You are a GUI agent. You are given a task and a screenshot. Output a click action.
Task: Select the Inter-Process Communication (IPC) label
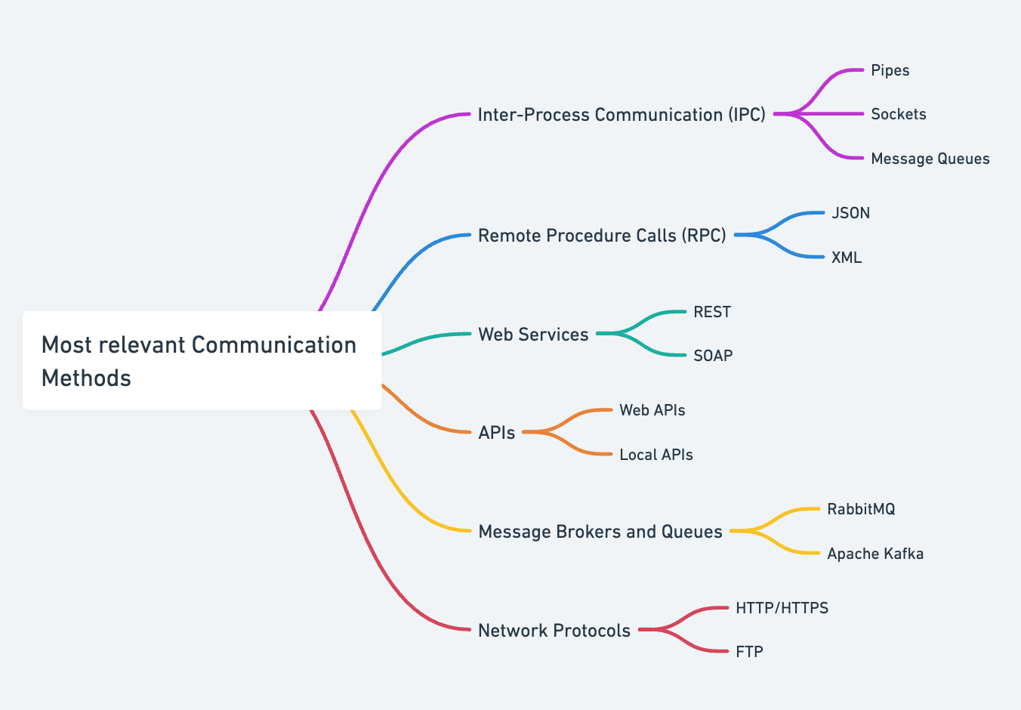(x=622, y=115)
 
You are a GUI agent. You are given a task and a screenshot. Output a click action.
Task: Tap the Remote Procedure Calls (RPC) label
(x=602, y=236)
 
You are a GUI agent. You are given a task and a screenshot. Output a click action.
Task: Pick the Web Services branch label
(x=533, y=335)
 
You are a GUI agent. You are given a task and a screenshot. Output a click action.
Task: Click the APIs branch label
(x=497, y=433)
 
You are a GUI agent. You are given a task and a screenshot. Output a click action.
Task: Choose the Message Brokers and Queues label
(x=600, y=532)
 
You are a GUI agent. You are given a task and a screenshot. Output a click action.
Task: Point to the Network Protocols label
(x=554, y=631)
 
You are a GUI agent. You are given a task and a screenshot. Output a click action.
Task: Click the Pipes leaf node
(x=890, y=70)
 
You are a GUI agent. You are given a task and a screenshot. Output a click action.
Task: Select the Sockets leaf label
(x=898, y=114)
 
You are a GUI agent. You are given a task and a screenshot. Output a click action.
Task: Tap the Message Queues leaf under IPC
(x=930, y=159)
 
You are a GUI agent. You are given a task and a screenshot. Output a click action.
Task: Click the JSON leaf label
(x=850, y=213)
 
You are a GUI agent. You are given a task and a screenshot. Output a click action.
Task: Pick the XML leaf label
(x=846, y=258)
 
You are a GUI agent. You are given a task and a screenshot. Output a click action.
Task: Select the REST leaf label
(x=712, y=312)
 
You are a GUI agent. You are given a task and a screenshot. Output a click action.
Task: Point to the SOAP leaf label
(x=713, y=356)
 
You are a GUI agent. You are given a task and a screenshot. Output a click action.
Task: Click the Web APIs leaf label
(x=652, y=410)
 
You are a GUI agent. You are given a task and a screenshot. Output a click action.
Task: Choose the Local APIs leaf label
(x=656, y=455)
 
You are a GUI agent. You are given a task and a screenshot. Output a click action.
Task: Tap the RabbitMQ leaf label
(x=861, y=509)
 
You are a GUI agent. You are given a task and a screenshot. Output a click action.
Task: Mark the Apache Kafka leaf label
(x=875, y=554)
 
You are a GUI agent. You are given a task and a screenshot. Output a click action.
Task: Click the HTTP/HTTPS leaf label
(x=782, y=608)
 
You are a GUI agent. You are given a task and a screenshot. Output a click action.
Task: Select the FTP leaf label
(x=749, y=652)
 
